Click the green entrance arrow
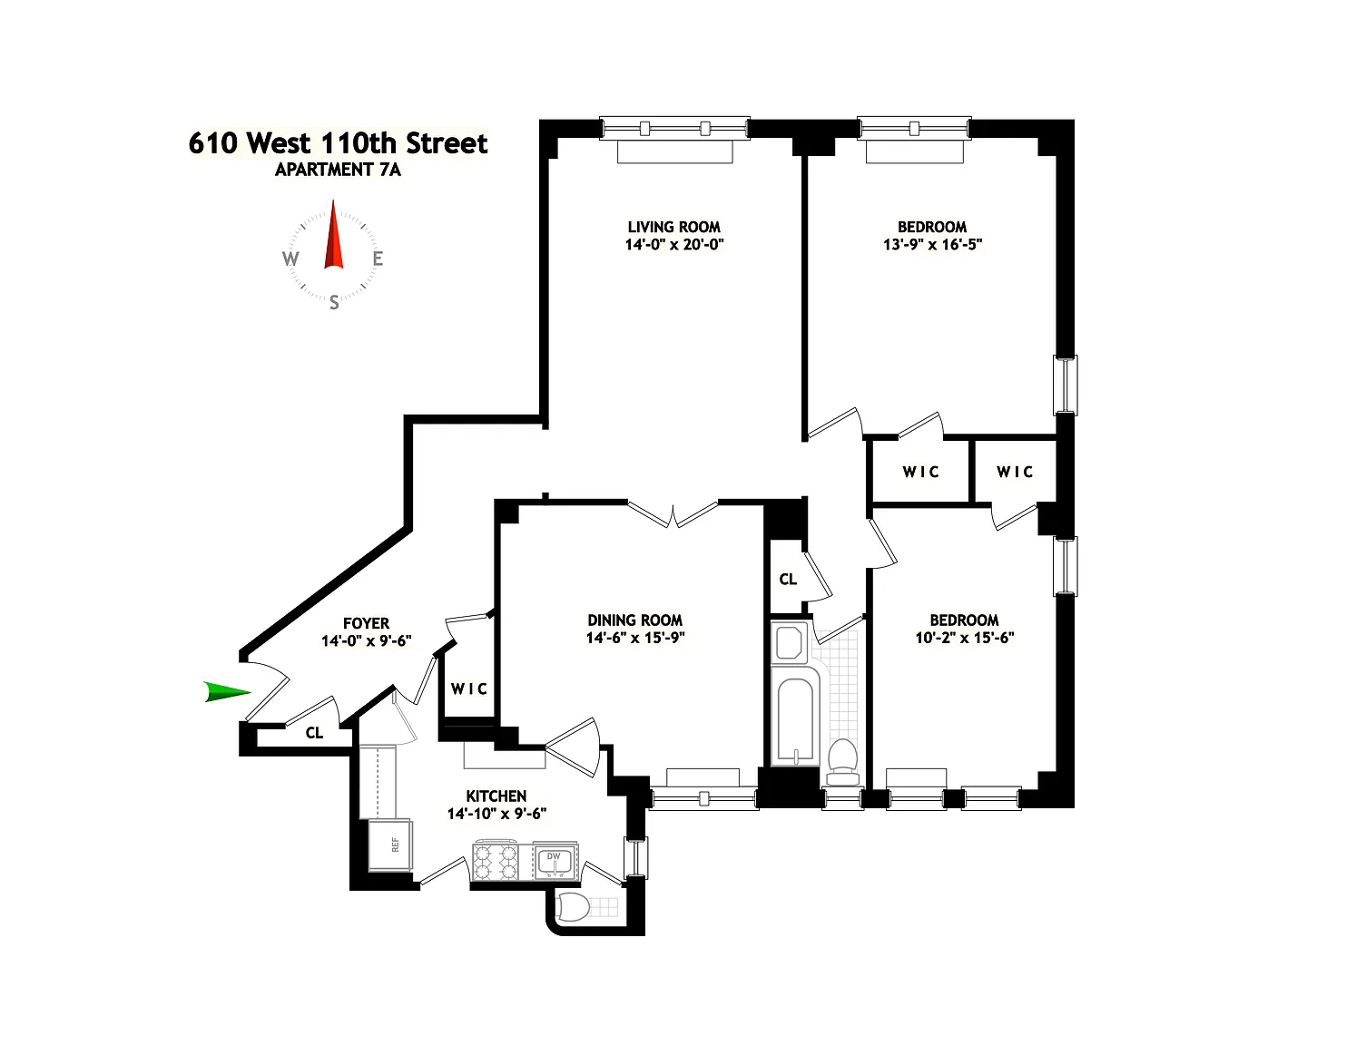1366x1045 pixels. click(x=227, y=692)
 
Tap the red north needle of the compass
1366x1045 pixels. click(x=334, y=235)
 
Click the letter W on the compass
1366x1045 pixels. click(x=290, y=259)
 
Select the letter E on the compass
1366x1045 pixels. click(x=378, y=259)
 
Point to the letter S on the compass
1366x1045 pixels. click(x=334, y=303)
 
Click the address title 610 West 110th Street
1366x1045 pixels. click(x=338, y=143)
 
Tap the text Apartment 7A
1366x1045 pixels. click(x=338, y=170)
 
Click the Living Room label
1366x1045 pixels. click(x=674, y=227)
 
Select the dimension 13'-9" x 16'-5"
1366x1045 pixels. click(x=932, y=244)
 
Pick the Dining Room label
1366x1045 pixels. click(x=634, y=620)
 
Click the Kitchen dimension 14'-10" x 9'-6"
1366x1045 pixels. click(x=496, y=814)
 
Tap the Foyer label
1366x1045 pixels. click(x=366, y=623)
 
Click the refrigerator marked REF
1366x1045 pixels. click(x=391, y=845)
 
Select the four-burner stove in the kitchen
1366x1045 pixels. click(x=496, y=861)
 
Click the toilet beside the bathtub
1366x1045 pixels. click(x=843, y=763)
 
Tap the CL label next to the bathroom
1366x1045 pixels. click(x=788, y=579)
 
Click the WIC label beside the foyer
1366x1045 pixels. click(x=469, y=689)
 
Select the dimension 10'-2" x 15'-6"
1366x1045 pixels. click(x=965, y=638)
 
